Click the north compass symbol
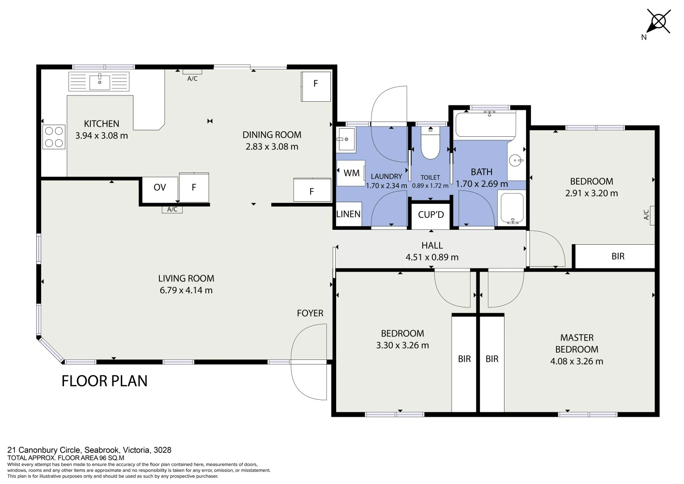(x=658, y=22)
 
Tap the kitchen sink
(x=99, y=82)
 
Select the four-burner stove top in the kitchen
(x=54, y=137)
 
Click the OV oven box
(x=159, y=187)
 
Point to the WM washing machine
(x=351, y=173)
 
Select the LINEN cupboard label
(x=348, y=214)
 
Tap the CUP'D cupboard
(x=431, y=215)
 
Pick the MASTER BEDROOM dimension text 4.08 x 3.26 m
(x=577, y=361)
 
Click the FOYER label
(x=310, y=313)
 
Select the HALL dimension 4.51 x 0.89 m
(x=432, y=257)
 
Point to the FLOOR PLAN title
(x=104, y=381)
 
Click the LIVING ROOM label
(x=186, y=278)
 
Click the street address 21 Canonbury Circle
(x=90, y=450)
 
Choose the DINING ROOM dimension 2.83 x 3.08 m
(x=272, y=147)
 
